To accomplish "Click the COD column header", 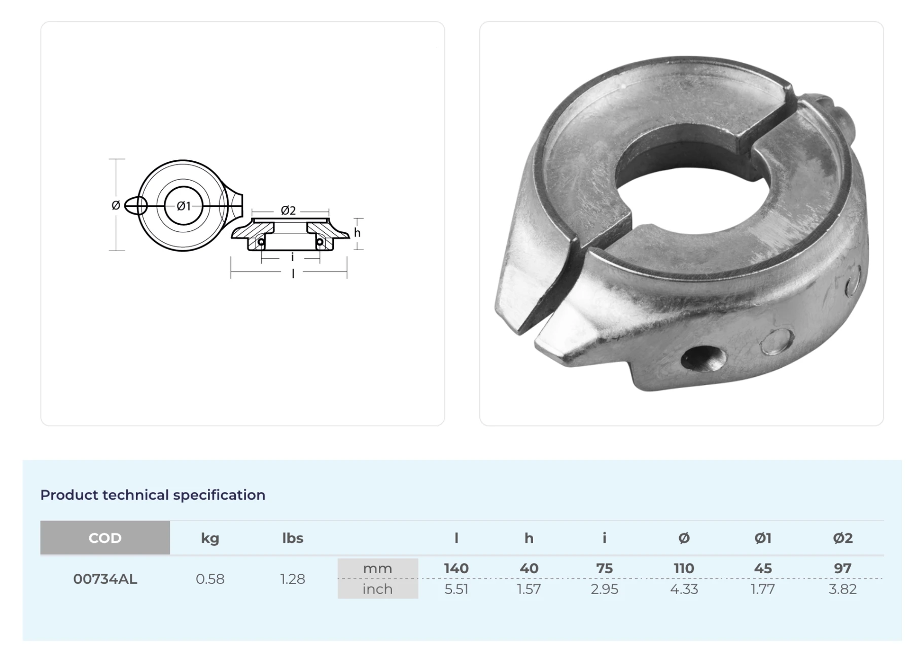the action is point(105,538).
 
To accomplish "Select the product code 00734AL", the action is point(105,579).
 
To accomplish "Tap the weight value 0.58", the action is point(210,579).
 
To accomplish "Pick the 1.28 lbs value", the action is point(293,579).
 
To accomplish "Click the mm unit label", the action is point(377,569).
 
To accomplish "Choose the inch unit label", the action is point(377,589).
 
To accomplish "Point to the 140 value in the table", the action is point(456,568).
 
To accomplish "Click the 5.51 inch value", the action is point(456,589).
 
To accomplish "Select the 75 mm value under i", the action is point(604,568).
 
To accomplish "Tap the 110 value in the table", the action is point(684,568).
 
